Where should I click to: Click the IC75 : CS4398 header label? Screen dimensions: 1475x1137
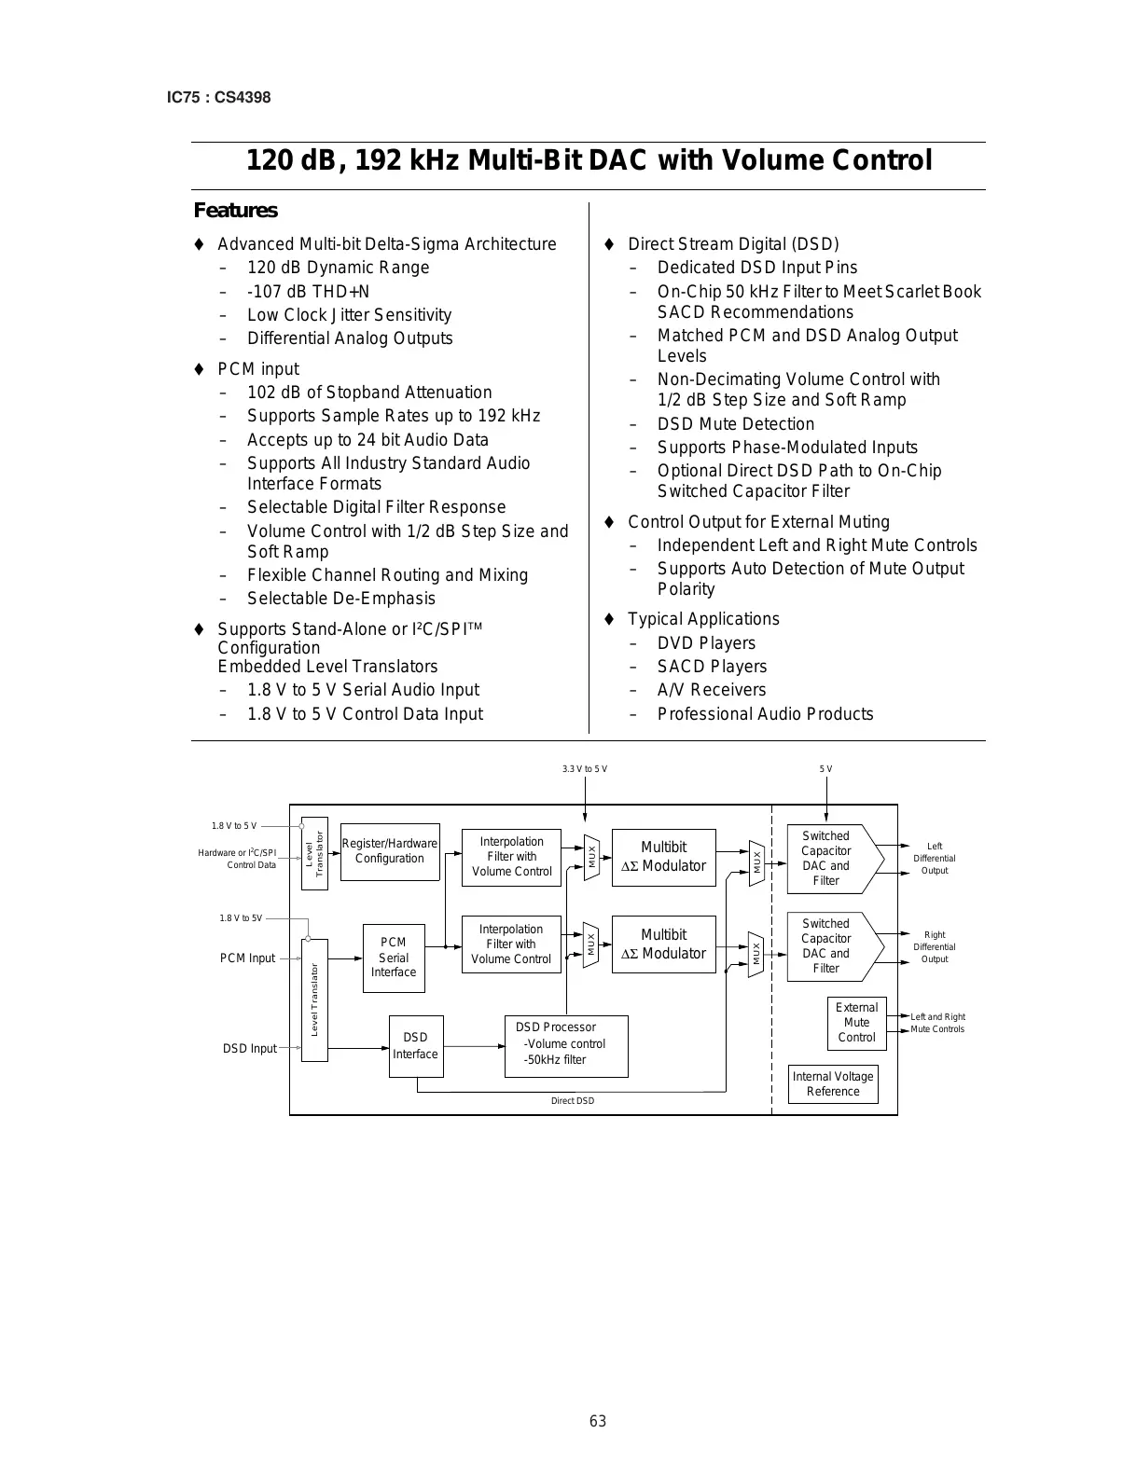point(218,97)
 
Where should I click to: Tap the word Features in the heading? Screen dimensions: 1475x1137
point(235,211)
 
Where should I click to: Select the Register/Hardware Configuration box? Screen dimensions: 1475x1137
point(389,851)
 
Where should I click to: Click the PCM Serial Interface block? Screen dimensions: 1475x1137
point(394,958)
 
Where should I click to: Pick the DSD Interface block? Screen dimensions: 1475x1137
point(415,1046)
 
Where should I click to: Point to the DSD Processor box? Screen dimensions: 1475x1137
point(565,1045)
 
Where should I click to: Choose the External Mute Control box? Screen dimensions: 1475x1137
point(856,1023)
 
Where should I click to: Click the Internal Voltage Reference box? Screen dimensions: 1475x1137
point(833,1084)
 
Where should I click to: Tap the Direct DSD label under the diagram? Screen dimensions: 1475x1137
point(572,1101)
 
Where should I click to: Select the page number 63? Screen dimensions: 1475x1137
point(598,1421)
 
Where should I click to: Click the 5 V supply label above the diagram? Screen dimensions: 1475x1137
point(826,769)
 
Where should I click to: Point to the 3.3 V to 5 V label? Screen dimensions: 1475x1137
point(585,769)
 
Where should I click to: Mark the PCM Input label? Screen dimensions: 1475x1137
point(248,958)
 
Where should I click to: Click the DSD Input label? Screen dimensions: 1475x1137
point(250,1049)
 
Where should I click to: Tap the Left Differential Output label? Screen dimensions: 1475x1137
point(934,859)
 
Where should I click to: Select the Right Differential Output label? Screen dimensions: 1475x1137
point(934,946)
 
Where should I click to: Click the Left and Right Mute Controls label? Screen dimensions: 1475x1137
point(937,1023)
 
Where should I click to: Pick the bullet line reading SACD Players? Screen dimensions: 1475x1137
point(712,667)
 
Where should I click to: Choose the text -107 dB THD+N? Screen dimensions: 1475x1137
point(308,292)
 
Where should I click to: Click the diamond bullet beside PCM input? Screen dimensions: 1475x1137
point(199,369)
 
